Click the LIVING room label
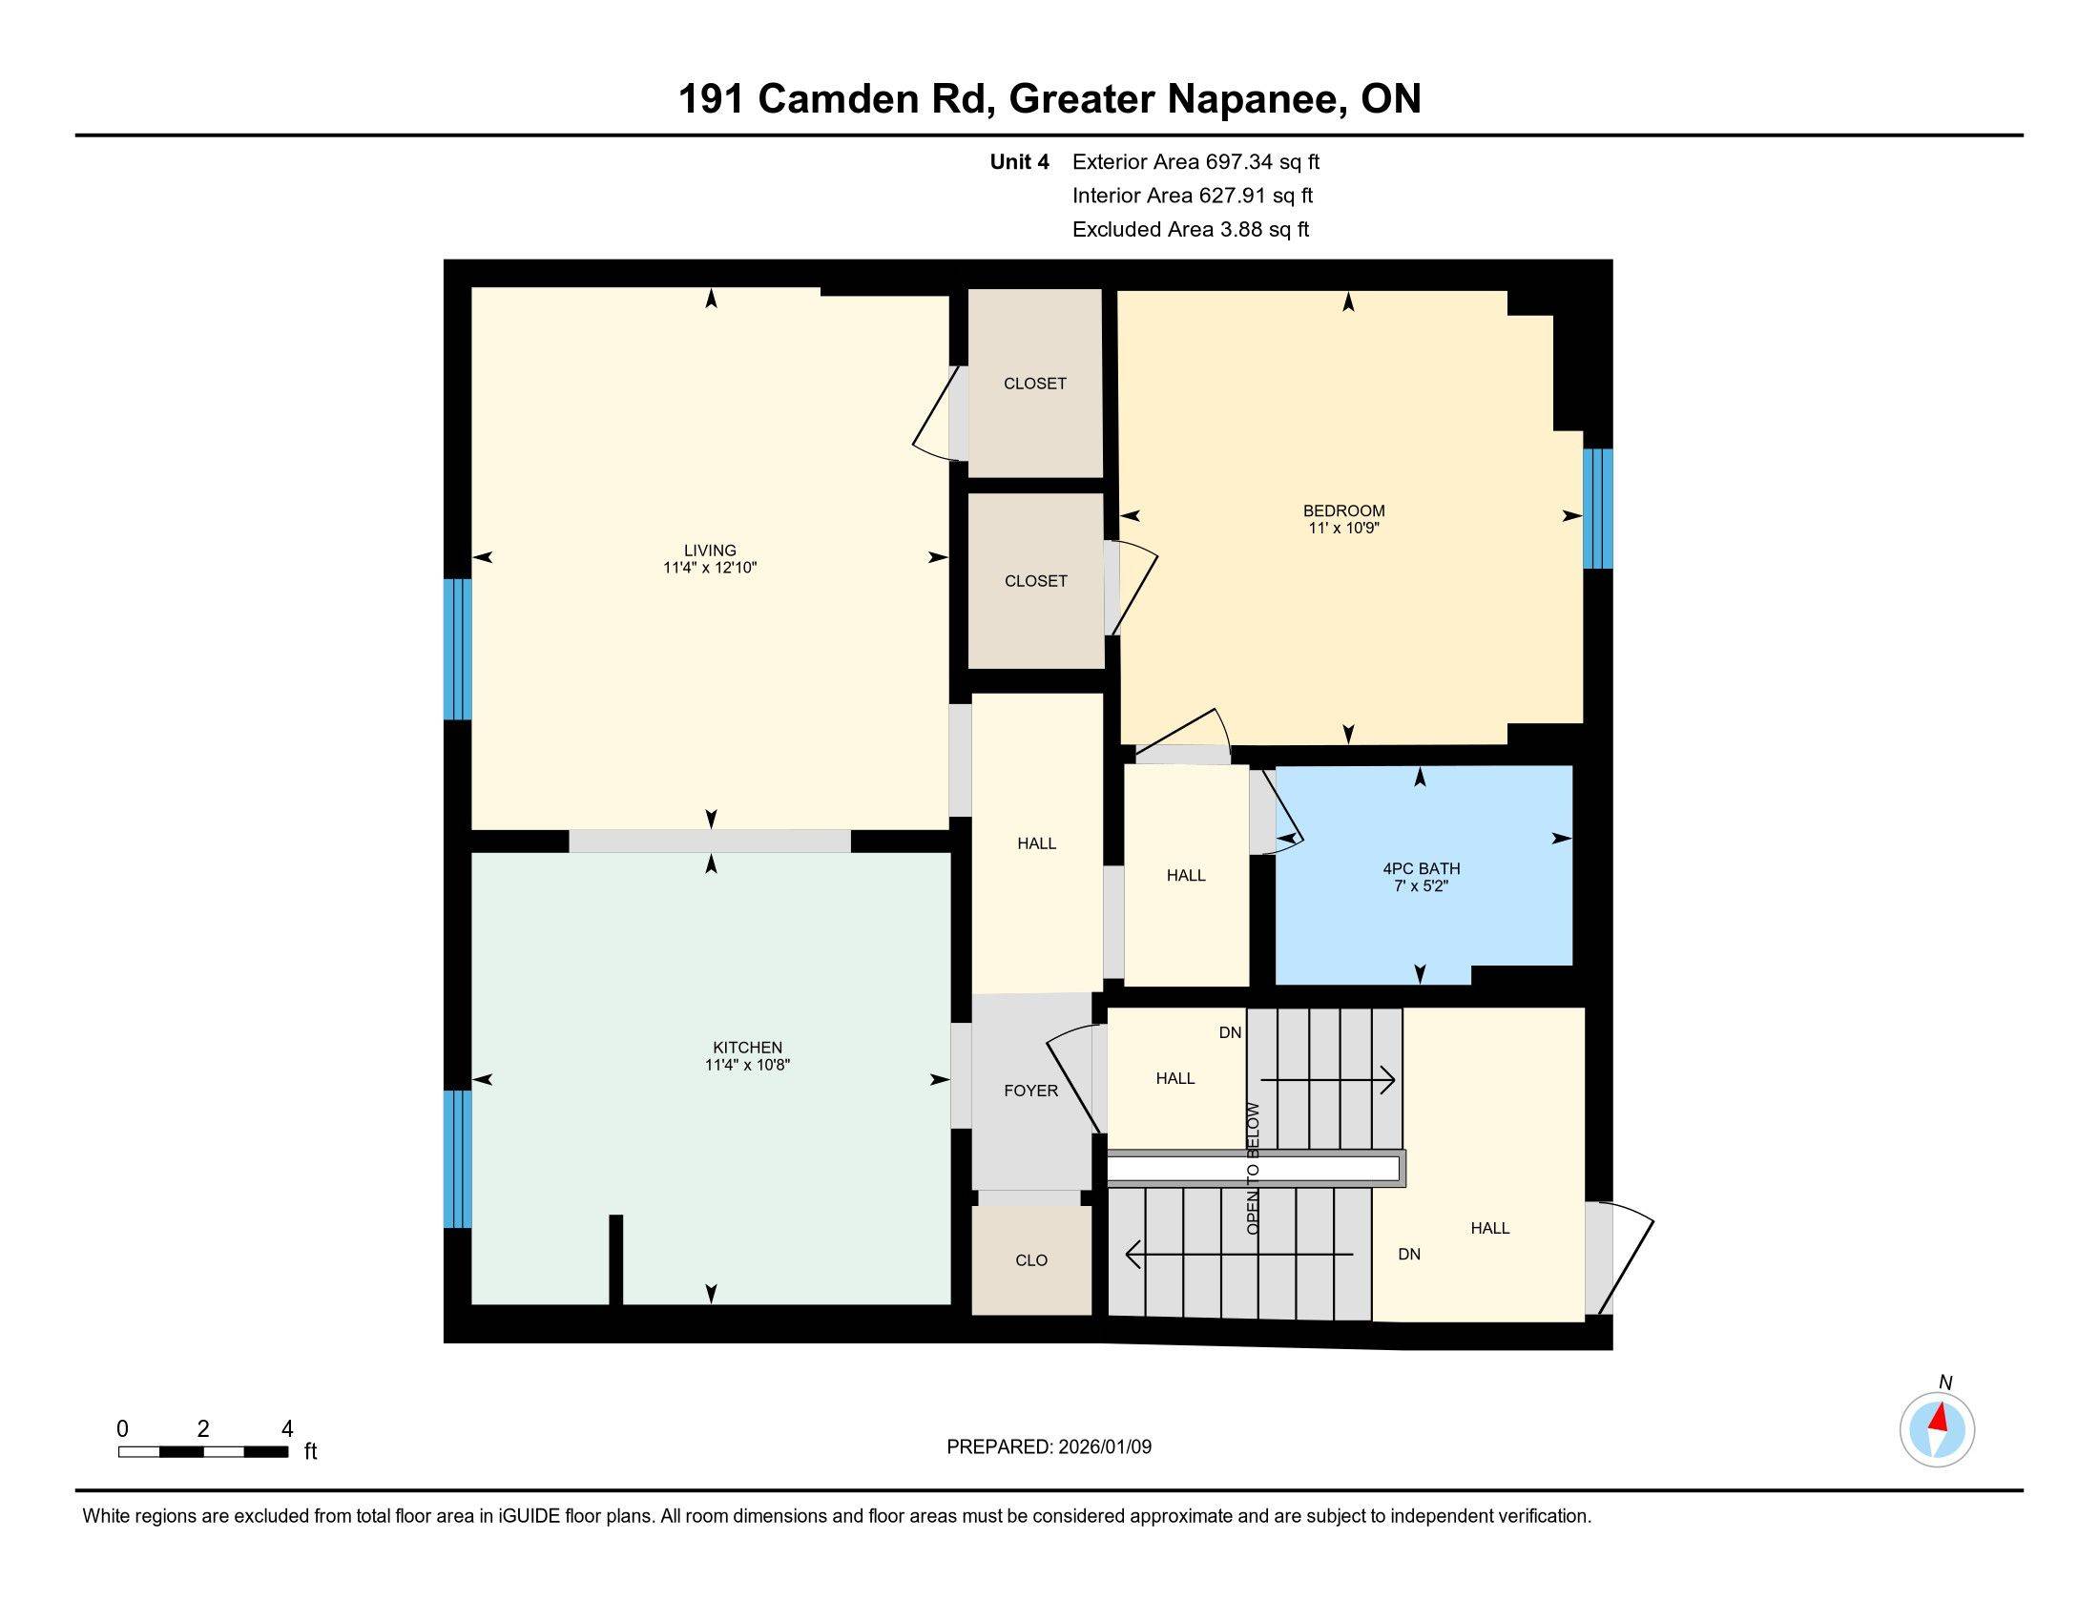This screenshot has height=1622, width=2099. (x=709, y=551)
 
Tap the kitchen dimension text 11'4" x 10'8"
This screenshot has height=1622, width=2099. (x=747, y=1065)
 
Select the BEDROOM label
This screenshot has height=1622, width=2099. (x=1342, y=510)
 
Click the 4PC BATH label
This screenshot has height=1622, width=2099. (x=1421, y=868)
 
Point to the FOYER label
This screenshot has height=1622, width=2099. (x=1030, y=1091)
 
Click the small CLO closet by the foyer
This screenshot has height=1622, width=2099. (x=1031, y=1259)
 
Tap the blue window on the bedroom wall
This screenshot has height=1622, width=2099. (x=1596, y=509)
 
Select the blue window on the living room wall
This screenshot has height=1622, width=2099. (x=457, y=649)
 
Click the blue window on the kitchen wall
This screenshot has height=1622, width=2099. (x=457, y=1158)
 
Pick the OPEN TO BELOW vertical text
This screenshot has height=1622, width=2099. (x=1253, y=1169)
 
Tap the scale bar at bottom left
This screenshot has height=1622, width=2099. (x=203, y=1452)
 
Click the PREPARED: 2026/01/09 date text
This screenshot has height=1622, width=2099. (x=1049, y=1447)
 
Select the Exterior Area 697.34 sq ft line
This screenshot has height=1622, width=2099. (x=1195, y=162)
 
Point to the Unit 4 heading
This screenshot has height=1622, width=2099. (x=1019, y=162)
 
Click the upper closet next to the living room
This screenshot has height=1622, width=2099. (x=1034, y=384)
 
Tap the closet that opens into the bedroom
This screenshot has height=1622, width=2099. (x=1035, y=580)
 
